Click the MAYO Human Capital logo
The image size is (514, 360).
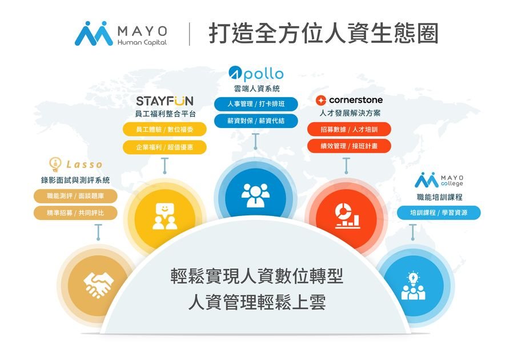pos(121,34)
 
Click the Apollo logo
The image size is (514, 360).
pos(256,74)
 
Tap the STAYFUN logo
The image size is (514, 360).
pos(164,101)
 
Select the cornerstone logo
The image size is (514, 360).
pos(349,100)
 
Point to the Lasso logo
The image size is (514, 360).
pos(76,164)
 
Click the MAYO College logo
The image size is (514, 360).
pos(439,180)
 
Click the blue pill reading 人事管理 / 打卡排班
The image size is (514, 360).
pos(256,104)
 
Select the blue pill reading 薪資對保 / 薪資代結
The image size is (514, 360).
pos(256,121)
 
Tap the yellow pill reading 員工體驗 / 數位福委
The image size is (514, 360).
pos(164,130)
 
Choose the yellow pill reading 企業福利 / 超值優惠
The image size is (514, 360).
pos(164,147)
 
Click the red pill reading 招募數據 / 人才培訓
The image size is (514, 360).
pos(349,130)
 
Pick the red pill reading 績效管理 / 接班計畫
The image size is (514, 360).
pos(349,146)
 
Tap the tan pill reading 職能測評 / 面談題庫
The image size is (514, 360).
pos(75,196)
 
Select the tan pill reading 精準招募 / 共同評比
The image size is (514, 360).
pos(75,213)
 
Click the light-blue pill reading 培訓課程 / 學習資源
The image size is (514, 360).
pos(439,213)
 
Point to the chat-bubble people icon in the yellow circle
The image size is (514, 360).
pos(165,216)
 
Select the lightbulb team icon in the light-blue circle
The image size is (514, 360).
pos(413,286)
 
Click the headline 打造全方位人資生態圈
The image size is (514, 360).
pos(324,34)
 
